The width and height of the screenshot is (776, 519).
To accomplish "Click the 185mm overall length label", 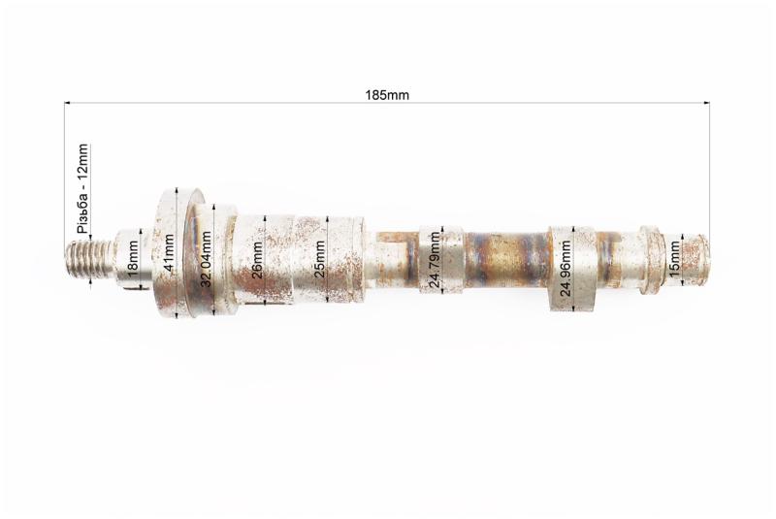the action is (x=387, y=94).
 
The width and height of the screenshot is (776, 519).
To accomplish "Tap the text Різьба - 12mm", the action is (x=82, y=188).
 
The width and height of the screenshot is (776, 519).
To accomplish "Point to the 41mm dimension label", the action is (x=169, y=253).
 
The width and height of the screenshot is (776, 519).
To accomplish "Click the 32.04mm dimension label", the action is (x=206, y=259).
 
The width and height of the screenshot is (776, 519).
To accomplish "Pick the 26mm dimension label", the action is (x=257, y=260).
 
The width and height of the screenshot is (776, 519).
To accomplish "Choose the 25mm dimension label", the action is (x=320, y=259).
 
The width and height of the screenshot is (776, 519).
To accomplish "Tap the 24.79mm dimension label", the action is (x=434, y=260).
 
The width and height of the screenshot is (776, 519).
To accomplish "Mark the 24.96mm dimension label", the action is (x=566, y=268).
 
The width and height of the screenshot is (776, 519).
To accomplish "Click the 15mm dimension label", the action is (x=674, y=260).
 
